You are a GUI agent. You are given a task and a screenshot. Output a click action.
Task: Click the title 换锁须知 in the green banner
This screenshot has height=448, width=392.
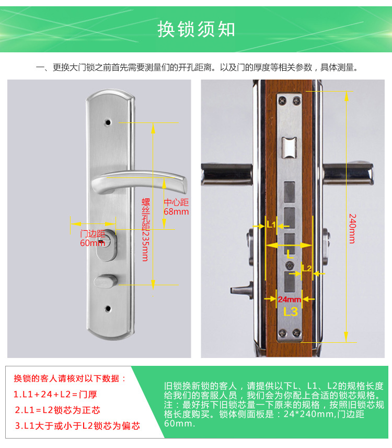[x=197, y=29]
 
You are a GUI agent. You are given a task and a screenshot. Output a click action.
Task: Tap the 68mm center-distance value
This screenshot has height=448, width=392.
[x=176, y=212]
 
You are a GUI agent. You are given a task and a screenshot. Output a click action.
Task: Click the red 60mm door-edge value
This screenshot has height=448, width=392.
[x=93, y=243]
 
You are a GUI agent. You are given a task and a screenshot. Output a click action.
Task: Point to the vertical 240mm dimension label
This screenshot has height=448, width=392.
[x=353, y=229]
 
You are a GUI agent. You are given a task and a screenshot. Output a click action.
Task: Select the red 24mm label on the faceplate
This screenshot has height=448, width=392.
[x=289, y=299]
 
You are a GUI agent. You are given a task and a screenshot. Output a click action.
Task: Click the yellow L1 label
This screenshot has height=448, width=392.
[x=271, y=225]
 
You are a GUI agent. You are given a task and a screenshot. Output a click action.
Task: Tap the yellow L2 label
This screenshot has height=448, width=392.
[x=307, y=268]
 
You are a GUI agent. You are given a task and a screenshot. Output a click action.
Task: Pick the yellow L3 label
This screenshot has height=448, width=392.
[x=291, y=311]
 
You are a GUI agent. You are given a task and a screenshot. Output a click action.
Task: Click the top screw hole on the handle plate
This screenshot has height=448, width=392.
[x=108, y=122]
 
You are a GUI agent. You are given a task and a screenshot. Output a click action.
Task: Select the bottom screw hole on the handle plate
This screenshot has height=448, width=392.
[x=108, y=309]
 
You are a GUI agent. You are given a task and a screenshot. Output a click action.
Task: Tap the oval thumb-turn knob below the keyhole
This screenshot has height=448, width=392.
[x=106, y=281]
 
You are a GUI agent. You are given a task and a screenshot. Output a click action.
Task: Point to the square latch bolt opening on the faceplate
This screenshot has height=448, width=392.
[x=289, y=148]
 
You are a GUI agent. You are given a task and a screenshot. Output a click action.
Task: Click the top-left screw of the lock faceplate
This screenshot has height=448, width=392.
[x=282, y=100]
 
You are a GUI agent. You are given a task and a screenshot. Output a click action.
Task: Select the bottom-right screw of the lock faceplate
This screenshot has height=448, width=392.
[x=297, y=332]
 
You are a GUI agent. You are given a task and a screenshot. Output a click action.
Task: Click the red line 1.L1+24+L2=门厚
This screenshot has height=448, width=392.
[x=55, y=395]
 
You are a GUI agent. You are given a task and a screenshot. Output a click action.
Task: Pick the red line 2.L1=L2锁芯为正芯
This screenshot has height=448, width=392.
[x=57, y=410]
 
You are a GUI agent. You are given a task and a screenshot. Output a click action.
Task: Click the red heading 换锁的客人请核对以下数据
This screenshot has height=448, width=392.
[x=70, y=378]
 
